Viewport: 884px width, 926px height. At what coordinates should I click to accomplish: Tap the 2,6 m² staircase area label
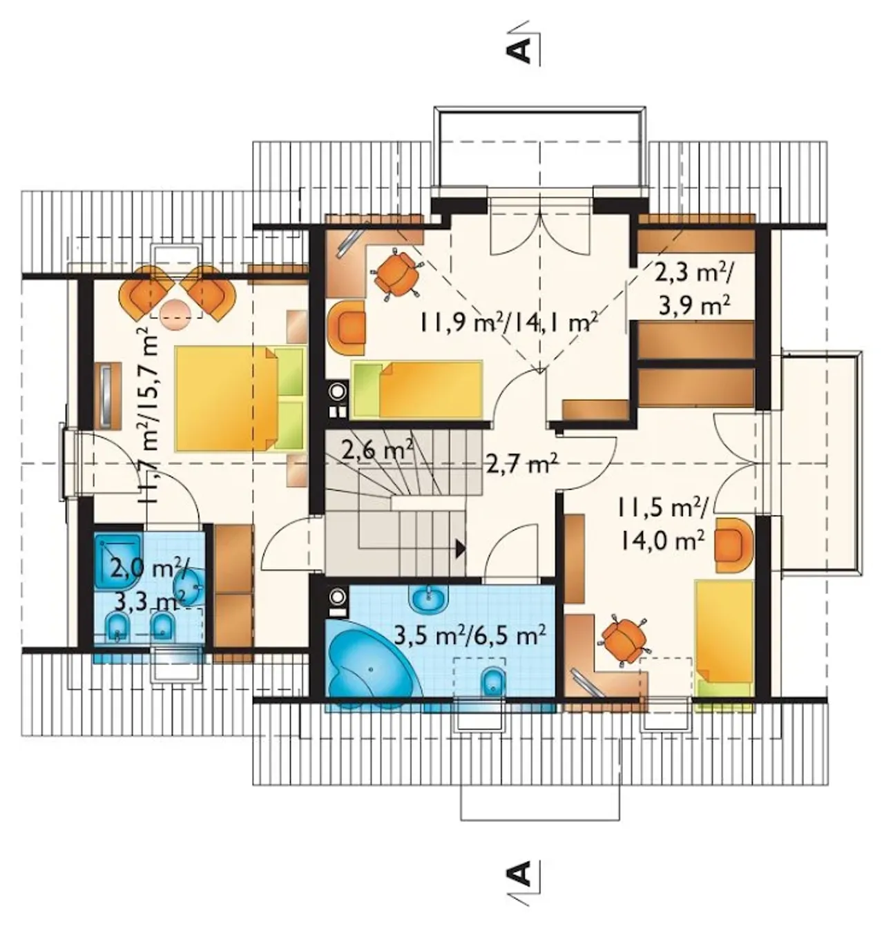tap(378, 451)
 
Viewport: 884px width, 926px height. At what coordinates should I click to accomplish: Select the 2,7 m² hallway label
tap(521, 465)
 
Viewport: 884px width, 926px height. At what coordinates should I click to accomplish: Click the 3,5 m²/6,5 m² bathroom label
tap(470, 636)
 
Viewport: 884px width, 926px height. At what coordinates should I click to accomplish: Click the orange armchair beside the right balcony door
tap(733, 545)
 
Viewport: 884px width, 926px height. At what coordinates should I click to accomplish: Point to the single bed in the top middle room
tap(418, 389)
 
